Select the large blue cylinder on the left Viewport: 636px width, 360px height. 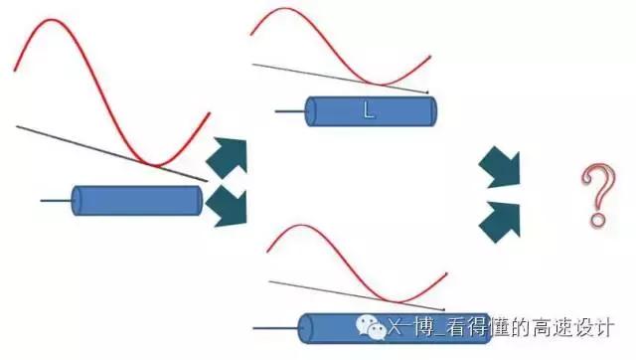tap(139, 201)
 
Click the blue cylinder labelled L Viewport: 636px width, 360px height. tap(370, 110)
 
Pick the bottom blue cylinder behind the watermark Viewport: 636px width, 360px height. tap(328, 326)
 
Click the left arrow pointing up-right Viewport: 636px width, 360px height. tap(226, 157)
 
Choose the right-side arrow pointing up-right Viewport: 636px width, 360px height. tap(499, 219)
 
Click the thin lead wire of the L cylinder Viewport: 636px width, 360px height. tap(289, 111)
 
